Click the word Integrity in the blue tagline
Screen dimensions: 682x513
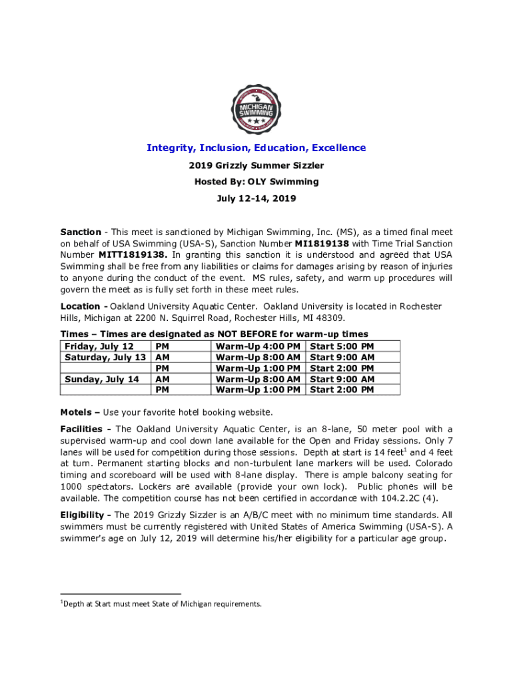tap(171, 148)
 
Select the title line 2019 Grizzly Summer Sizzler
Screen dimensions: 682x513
tap(256, 165)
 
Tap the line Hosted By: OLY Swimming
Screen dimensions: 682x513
tap(256, 182)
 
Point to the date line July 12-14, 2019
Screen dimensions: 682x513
tap(256, 198)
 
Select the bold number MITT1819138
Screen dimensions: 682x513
tap(133, 254)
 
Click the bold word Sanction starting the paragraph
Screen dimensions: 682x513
tap(81, 232)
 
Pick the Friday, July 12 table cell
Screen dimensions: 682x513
tap(98, 346)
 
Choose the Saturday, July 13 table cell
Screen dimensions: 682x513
tap(105, 357)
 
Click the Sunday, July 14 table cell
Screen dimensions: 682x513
tap(102, 379)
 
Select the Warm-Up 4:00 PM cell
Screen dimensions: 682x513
tap(258, 346)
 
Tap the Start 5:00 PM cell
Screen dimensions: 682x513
tap(342, 346)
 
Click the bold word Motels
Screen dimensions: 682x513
tap(76, 412)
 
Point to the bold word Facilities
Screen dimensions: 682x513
tap(82, 429)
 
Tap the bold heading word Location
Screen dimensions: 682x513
tap(81, 306)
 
